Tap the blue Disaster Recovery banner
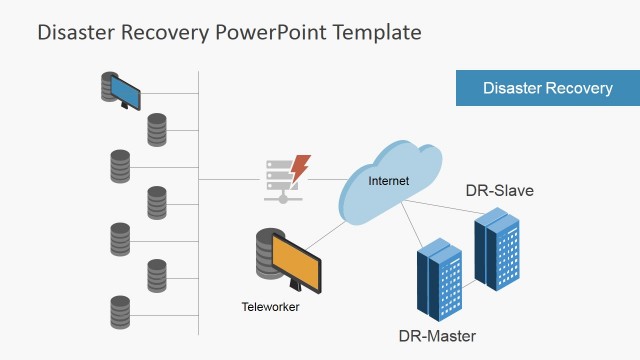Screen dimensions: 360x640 coord(547,88)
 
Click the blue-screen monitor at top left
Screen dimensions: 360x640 coord(126,93)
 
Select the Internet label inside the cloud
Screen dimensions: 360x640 coord(389,181)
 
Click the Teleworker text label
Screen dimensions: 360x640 coord(270,307)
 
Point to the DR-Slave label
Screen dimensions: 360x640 coord(499,190)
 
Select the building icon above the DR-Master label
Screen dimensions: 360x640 coord(439,277)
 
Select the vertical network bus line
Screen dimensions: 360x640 coord(199,200)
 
